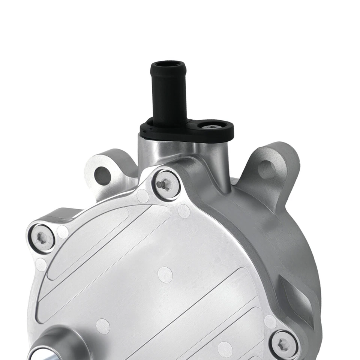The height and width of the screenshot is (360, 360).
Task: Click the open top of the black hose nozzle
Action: (169, 65)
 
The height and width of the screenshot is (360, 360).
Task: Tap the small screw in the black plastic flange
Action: (213, 127)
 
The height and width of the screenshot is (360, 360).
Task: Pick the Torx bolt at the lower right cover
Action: (284, 344)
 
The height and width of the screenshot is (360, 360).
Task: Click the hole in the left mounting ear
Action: (102, 175)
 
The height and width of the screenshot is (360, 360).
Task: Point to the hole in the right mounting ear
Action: (267, 169)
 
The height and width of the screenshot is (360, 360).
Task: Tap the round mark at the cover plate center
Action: (165, 275)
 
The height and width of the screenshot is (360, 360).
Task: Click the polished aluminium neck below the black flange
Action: (184, 150)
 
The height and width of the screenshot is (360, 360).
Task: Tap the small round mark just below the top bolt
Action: (143, 196)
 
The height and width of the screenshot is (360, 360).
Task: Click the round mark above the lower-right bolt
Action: (270, 322)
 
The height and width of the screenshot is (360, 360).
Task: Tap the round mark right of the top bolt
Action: (184, 211)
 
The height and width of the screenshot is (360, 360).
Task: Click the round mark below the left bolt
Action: (41, 265)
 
